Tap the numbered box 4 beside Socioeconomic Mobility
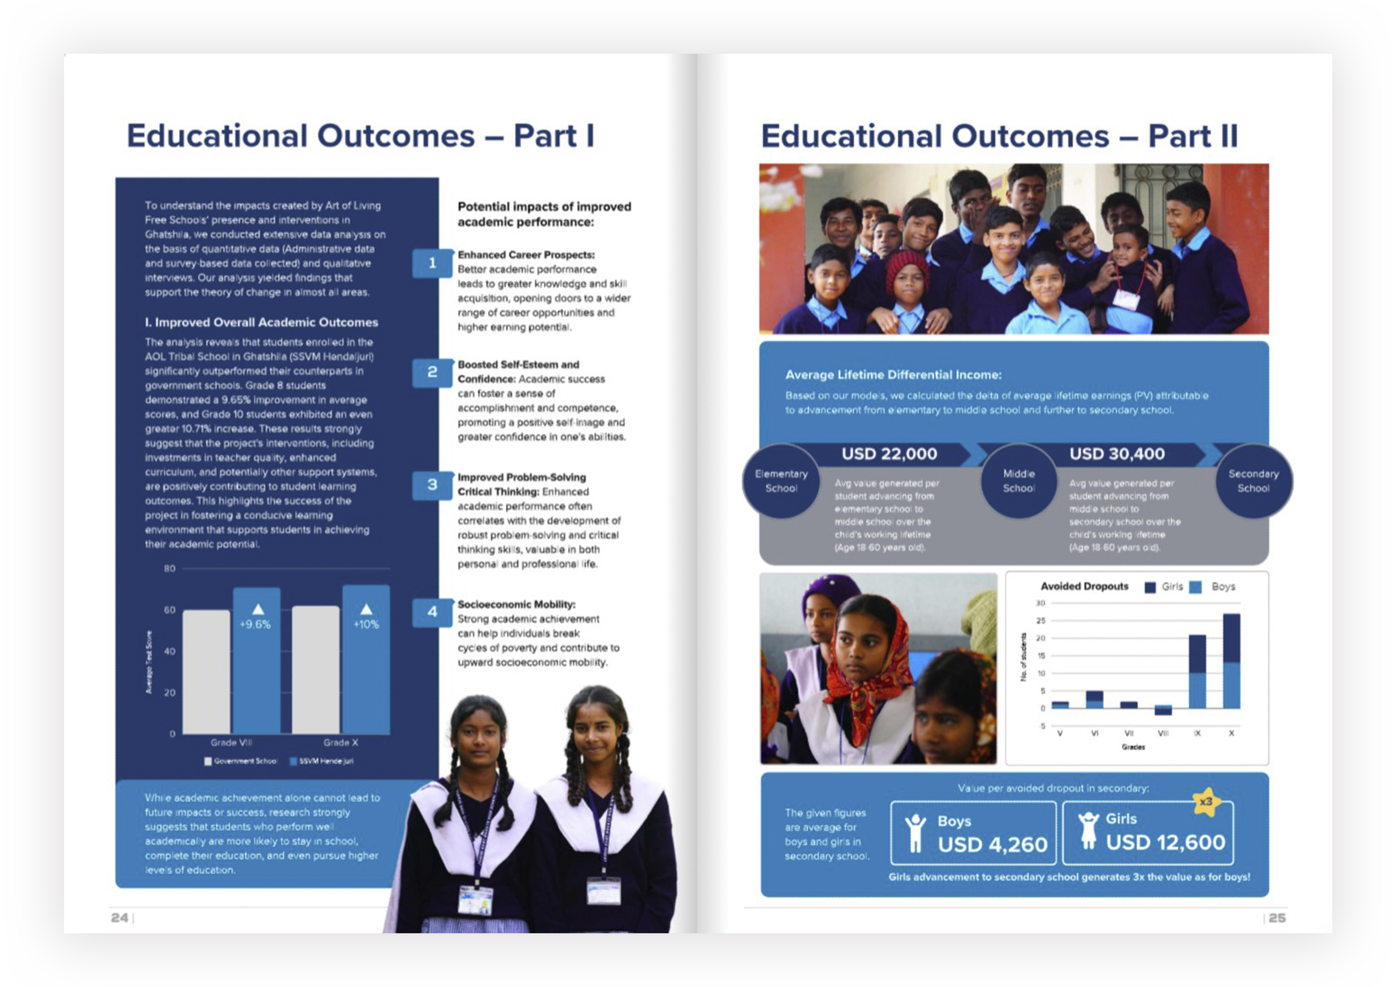432,612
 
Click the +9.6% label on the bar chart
255,624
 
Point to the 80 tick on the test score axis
169,569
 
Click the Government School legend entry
241,761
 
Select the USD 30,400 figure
1117,454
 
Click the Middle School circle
1019,480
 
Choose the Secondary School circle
1253,480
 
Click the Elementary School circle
781,480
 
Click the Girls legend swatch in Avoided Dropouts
1150,587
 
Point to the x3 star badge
1205,802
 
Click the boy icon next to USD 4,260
914,833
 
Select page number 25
1276,918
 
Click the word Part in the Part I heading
544,136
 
